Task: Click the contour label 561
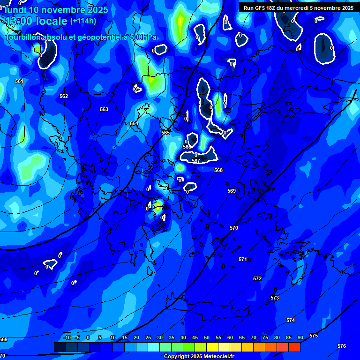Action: point(19,81)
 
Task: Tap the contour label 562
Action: point(64,96)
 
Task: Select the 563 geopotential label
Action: point(104,109)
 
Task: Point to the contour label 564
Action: point(134,123)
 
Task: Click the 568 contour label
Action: point(218,170)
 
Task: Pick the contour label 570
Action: point(234,228)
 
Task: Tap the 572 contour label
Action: point(257,278)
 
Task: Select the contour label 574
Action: point(291,320)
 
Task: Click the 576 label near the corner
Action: point(342,346)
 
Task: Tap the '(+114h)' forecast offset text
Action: point(83,21)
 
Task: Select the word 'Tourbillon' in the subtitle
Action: point(23,37)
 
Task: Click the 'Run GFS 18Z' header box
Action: point(299,8)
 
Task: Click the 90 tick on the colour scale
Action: point(300,337)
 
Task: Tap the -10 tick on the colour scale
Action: point(67,337)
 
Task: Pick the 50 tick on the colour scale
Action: point(207,337)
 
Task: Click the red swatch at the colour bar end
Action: point(294,347)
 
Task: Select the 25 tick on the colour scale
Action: point(148,337)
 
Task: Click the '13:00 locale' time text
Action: point(36,22)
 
